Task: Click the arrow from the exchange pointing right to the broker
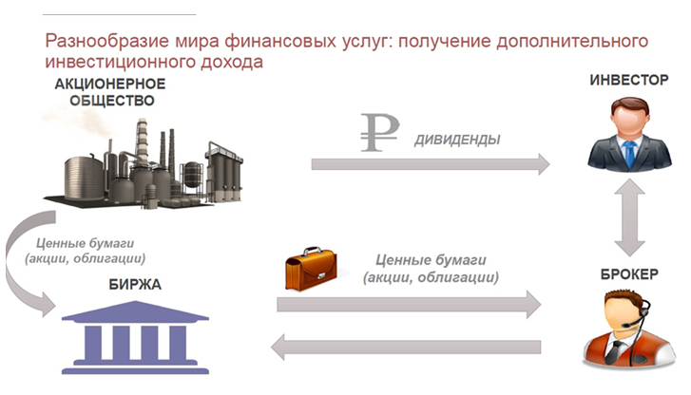(x=409, y=304)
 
